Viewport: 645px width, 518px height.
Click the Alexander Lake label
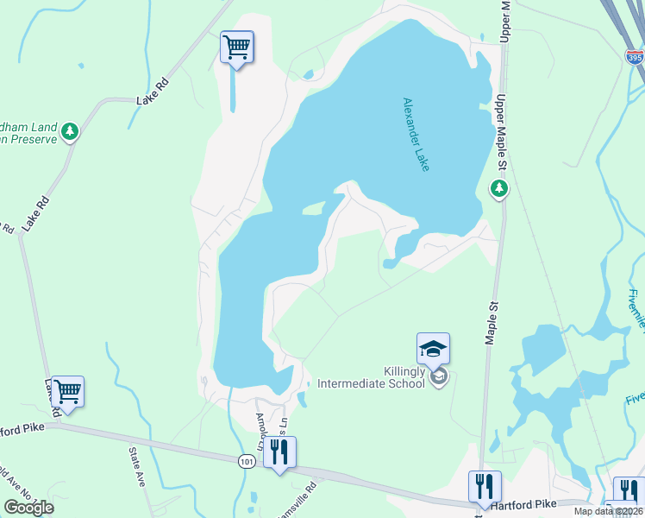(416, 134)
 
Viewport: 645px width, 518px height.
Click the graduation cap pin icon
(433, 348)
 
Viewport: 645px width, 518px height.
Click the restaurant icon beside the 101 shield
(279, 452)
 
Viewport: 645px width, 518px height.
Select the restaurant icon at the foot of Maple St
(485, 486)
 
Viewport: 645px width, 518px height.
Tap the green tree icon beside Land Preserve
(70, 132)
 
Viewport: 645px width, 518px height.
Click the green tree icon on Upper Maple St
(498, 187)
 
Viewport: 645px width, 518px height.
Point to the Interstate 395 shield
(635, 56)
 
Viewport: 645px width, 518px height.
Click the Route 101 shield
(247, 464)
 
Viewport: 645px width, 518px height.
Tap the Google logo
(28, 508)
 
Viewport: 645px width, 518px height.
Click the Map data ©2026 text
(609, 511)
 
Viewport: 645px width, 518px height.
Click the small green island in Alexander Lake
(312, 207)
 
